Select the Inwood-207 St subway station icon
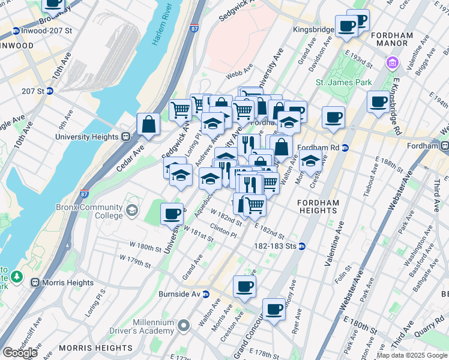tap(16, 31)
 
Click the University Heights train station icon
tap(126, 136)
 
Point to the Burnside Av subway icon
tap(205, 295)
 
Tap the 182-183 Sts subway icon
tap(303, 246)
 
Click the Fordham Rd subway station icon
tap(345, 148)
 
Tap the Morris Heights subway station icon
tap(35, 283)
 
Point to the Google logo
tap(20, 353)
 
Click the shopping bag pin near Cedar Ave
tap(148, 124)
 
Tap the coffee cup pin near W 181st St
tap(172, 213)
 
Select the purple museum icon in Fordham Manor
tap(392, 62)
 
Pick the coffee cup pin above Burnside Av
tap(244, 286)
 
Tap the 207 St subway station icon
tap(50, 91)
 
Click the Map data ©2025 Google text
tap(412, 355)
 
